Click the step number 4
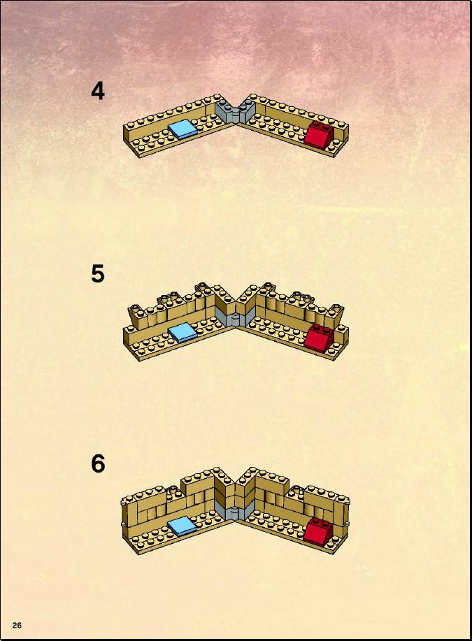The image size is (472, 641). (x=98, y=91)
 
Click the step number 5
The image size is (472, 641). (x=98, y=273)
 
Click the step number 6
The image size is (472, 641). (x=98, y=463)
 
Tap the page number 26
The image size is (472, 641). (x=17, y=625)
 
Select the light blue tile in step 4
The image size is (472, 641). (x=183, y=129)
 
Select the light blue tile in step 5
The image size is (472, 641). (x=183, y=332)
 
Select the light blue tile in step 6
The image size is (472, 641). (x=183, y=525)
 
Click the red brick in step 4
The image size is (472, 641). (x=319, y=133)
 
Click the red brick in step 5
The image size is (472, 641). (x=320, y=337)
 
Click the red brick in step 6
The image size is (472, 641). (x=319, y=531)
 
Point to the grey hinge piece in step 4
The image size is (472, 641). (x=235, y=111)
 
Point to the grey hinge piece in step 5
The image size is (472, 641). (x=235, y=317)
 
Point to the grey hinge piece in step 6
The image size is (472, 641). (x=235, y=512)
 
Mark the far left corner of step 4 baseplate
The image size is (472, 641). (x=124, y=127)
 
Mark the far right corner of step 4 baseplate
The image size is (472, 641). (x=348, y=124)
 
